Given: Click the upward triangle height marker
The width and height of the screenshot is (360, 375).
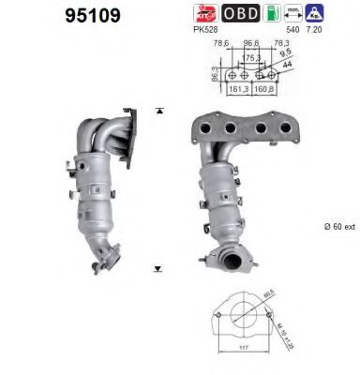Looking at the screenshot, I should click(160, 112).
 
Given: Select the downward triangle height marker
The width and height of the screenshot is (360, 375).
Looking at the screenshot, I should click(160, 270).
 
